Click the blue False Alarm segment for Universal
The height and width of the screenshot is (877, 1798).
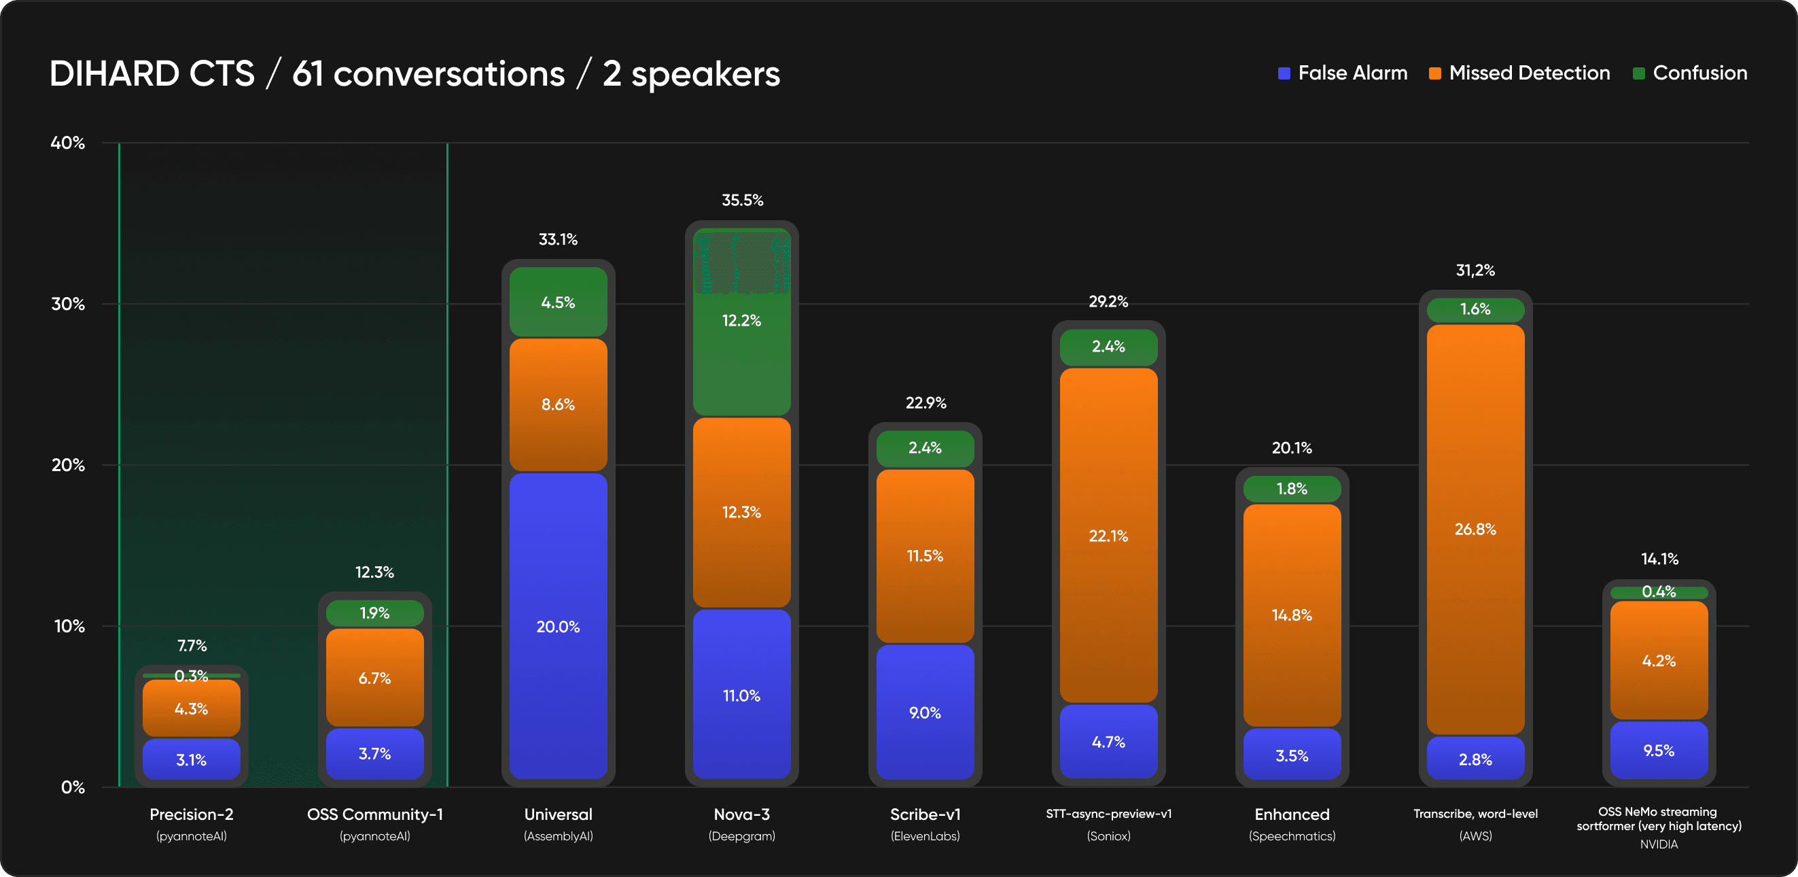[558, 626]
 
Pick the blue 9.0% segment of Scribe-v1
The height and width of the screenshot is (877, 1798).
[925, 712]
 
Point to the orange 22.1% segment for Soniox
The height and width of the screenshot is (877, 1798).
[1108, 536]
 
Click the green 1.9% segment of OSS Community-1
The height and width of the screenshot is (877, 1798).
[375, 613]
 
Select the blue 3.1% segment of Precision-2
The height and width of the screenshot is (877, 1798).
[191, 759]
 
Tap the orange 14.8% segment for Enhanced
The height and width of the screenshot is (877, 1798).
[1291, 615]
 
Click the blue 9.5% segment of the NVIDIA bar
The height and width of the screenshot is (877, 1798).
[1659, 750]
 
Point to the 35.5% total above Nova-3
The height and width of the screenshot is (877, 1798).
[742, 201]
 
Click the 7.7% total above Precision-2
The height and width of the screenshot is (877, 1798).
[192, 645]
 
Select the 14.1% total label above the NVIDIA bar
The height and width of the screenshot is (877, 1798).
[1659, 559]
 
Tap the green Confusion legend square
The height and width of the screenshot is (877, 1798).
[1639, 73]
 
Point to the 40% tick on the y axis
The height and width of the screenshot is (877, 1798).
[68, 143]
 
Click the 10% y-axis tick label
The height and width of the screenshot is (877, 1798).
[69, 625]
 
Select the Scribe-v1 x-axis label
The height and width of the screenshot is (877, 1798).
[925, 814]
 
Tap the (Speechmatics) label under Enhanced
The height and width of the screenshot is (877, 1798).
[1291, 836]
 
